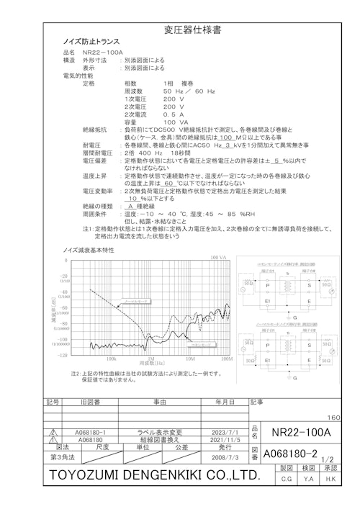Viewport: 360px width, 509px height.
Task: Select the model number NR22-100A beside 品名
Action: [x=103, y=53]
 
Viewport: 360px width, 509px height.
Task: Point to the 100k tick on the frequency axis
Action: [x=112, y=358]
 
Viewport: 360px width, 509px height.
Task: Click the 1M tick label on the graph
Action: [x=150, y=358]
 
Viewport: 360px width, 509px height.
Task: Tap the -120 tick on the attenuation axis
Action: [x=62, y=354]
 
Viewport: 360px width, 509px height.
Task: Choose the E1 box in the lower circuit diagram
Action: [x=268, y=360]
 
